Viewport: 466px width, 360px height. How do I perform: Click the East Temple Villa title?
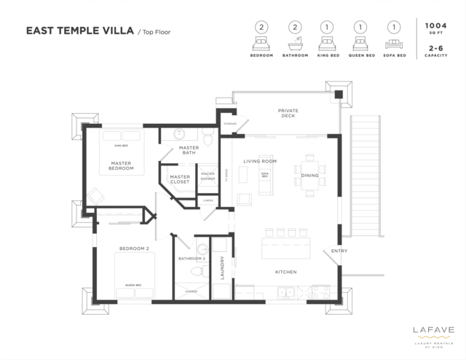[79, 31]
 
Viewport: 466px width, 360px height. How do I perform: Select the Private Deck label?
[288, 113]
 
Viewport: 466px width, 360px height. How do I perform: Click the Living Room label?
[259, 161]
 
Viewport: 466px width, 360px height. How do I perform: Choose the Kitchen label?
[285, 273]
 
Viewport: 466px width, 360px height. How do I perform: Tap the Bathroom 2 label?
[192, 259]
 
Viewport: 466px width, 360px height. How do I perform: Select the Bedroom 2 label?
[133, 249]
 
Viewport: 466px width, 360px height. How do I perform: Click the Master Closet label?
[180, 179]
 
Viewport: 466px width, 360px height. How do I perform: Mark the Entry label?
[339, 251]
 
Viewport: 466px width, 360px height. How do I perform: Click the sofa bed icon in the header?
[394, 43]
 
